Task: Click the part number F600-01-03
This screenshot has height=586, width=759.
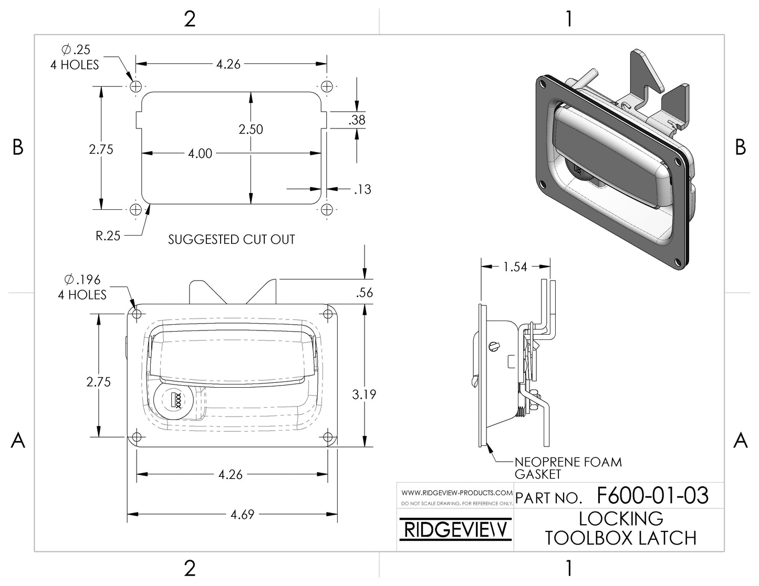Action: (652, 496)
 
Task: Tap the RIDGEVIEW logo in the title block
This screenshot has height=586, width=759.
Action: (455, 530)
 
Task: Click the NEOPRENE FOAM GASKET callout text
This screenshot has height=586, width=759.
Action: (567, 468)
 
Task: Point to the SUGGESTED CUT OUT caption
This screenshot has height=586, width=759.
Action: (231, 240)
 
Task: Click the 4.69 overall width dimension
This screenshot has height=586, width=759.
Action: (242, 515)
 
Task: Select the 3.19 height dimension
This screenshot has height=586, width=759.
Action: (364, 394)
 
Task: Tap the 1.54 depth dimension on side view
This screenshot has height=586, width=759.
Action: (515, 267)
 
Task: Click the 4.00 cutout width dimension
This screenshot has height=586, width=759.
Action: (200, 154)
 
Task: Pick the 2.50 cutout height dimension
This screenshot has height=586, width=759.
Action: (251, 129)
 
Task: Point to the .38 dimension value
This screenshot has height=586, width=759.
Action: (357, 120)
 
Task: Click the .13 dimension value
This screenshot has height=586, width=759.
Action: (362, 189)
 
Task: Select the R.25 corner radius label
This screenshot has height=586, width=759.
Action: (108, 236)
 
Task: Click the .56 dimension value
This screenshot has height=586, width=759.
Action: (364, 293)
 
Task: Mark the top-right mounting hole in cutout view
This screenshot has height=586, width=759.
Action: (327, 86)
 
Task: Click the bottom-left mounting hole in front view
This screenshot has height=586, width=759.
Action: (137, 437)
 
